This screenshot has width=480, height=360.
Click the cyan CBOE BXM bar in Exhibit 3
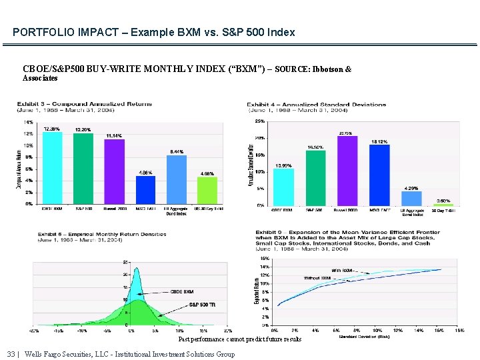point(53,168)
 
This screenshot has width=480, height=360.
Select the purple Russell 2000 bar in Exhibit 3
point(115,171)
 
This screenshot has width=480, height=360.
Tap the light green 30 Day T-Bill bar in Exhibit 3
point(207,190)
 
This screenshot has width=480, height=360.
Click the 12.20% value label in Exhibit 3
point(83,129)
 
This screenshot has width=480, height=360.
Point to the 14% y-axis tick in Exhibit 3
point(29,123)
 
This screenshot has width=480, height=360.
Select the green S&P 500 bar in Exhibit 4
point(315,177)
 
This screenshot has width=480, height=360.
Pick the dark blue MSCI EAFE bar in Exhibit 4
point(379,175)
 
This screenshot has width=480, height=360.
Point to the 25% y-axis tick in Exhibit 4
point(260,121)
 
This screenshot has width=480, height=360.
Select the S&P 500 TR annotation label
point(202,304)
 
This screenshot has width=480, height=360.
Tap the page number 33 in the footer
point(11,354)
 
